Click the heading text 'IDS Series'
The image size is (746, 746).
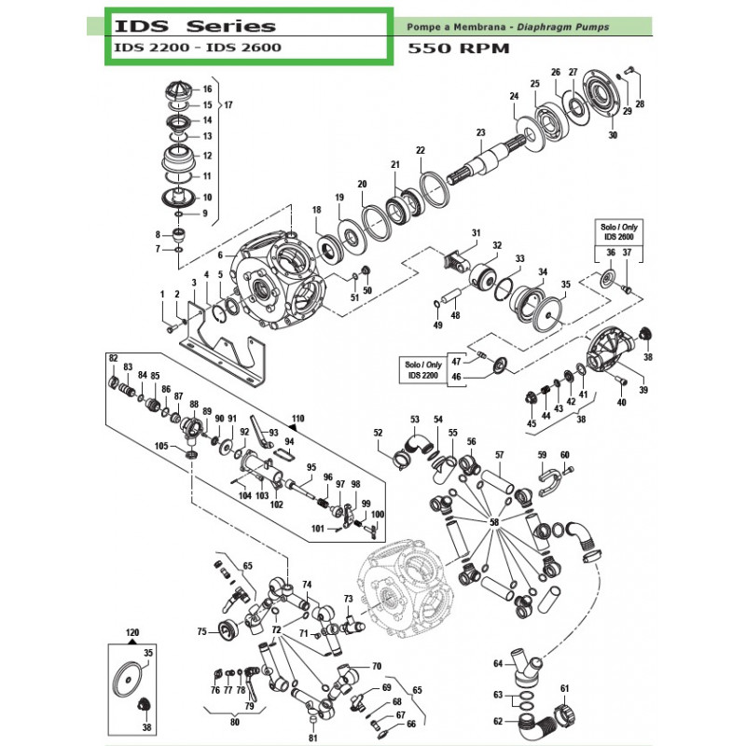190,25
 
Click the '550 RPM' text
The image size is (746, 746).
459,48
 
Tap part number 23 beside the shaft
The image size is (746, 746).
481,132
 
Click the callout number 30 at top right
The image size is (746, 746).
613,135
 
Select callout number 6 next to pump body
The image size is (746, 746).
221,255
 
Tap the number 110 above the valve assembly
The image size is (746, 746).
297,418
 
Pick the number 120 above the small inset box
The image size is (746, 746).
131,631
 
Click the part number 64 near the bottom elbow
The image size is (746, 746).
498,664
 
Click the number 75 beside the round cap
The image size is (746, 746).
200,631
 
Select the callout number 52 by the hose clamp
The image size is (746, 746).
378,433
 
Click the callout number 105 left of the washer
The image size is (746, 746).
160,447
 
